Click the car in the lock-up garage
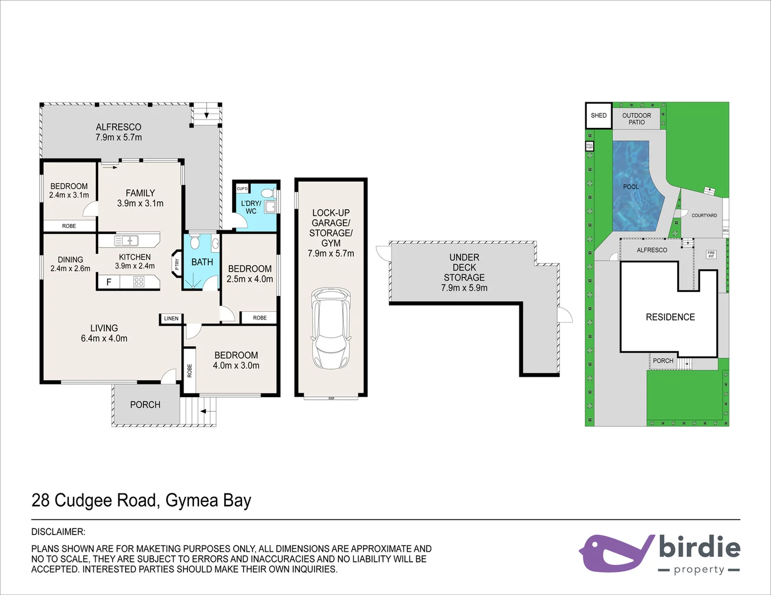[331, 328]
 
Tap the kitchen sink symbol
[127, 241]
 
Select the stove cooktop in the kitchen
[138, 282]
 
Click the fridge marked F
[109, 282]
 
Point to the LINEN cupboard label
[171, 318]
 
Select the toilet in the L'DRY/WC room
[268, 193]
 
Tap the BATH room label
[202, 262]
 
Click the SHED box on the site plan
[599, 116]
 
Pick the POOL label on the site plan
[631, 187]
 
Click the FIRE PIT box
[711, 255]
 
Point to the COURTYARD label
[704, 215]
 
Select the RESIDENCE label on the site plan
[670, 317]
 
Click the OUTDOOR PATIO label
[637, 119]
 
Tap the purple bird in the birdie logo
[612, 553]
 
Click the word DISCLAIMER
[58, 532]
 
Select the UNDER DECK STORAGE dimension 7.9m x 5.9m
[464, 288]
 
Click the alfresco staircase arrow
[207, 116]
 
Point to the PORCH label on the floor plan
[145, 405]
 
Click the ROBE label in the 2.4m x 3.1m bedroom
[69, 226]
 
